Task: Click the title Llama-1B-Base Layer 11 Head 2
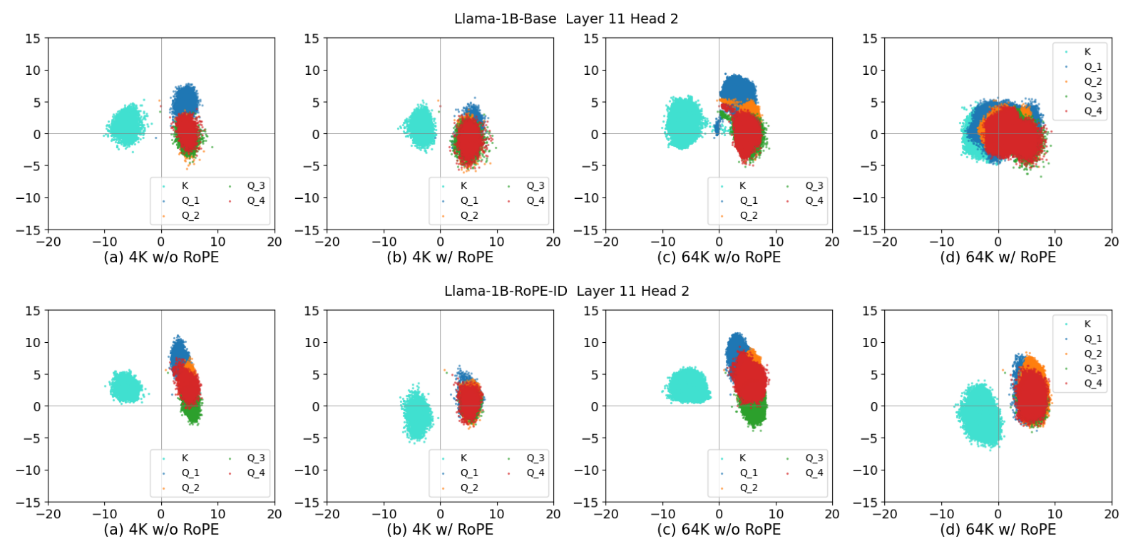point(566,19)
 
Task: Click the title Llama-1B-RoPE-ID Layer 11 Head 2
point(566,291)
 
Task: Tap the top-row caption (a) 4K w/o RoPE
point(161,257)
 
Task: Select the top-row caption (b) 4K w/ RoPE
point(440,257)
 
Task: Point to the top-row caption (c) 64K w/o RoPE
point(719,257)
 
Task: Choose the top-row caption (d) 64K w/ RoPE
point(998,257)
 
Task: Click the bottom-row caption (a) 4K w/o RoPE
point(161,530)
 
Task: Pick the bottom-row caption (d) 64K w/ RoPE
point(998,530)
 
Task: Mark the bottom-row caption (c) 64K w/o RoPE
point(719,530)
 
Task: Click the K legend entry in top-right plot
point(1087,52)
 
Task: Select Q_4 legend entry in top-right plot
point(1092,111)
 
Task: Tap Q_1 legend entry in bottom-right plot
point(1092,339)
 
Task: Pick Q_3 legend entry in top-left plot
point(255,186)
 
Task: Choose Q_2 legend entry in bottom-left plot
point(190,488)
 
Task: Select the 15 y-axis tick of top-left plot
point(34,38)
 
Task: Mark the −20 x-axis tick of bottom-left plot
point(48,514)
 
